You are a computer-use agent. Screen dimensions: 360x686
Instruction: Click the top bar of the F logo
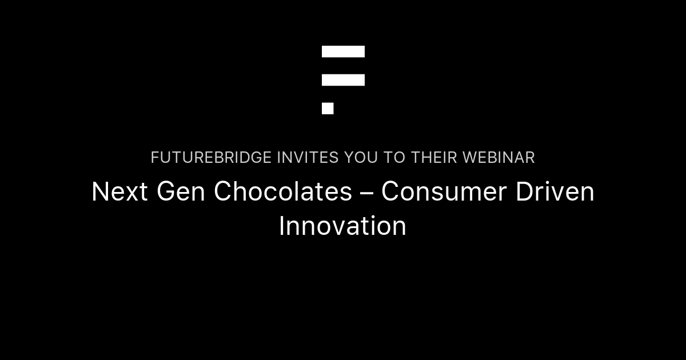343,51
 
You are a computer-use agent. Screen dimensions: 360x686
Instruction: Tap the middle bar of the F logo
343,80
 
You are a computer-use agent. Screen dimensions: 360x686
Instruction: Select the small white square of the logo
328,109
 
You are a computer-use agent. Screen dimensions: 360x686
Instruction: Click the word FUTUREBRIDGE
212,158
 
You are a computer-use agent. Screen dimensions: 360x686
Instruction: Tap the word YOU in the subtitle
361,158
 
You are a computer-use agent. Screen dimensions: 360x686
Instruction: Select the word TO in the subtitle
394,158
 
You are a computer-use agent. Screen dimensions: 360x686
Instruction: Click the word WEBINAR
498,158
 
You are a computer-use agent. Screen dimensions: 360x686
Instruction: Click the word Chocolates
283,192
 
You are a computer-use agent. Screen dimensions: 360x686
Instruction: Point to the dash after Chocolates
366,193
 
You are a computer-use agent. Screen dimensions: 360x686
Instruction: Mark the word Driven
555,192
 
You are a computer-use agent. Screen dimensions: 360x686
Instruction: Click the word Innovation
342,226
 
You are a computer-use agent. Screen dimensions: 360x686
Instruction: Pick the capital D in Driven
524,192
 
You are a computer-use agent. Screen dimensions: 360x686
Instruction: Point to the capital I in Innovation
282,226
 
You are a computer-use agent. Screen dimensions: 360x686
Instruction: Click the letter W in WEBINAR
470,158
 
